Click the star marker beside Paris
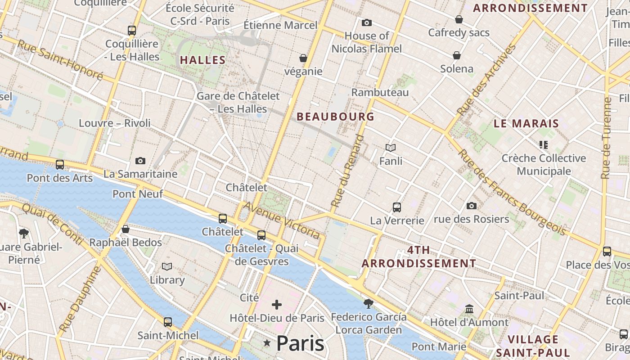[x=267, y=343]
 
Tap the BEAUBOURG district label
[x=335, y=117]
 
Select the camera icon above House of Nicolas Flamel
[x=367, y=22]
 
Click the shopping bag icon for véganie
[x=303, y=58]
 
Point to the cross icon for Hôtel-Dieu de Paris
[x=277, y=305]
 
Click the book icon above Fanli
[x=391, y=148]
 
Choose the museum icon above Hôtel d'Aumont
[x=469, y=309]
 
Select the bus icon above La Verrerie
[x=396, y=207]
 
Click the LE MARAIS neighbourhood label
[x=526, y=123]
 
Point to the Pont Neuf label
[x=138, y=194]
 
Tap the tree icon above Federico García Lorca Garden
[x=369, y=304]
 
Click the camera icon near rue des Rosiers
[x=471, y=206]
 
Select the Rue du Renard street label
[x=347, y=171]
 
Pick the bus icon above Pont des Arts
[x=60, y=165]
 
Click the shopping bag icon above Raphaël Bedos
[x=126, y=229]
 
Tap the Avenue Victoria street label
[x=282, y=220]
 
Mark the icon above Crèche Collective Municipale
[x=544, y=145]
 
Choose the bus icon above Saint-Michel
[x=168, y=322]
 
